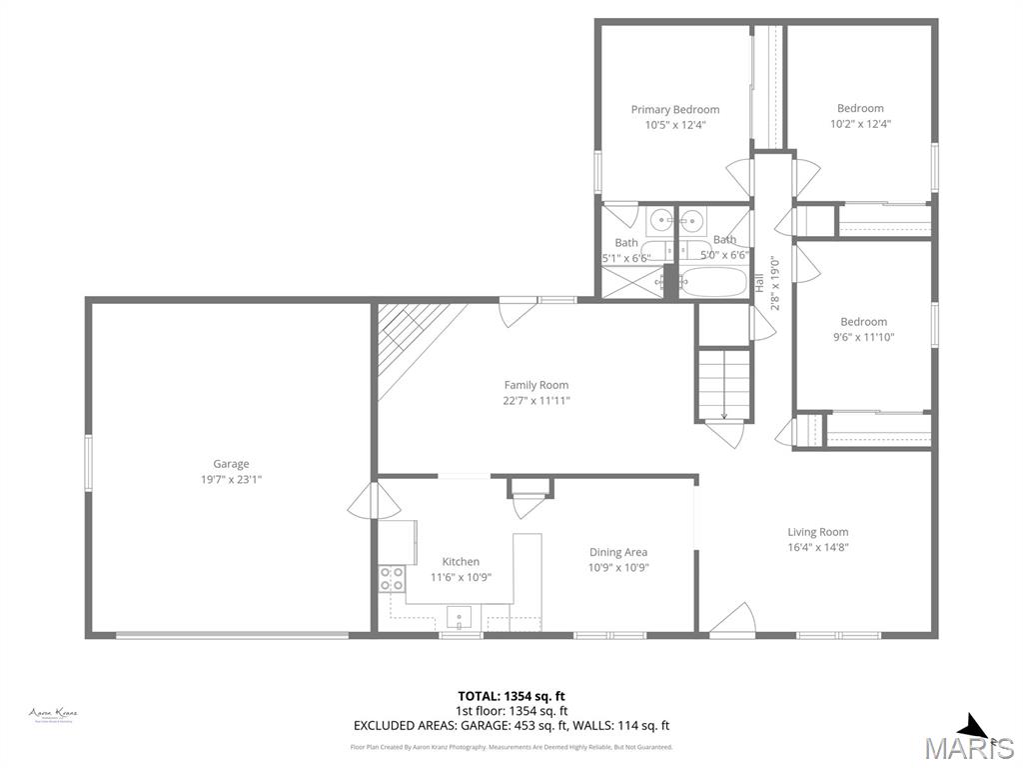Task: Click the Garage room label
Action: [231, 464]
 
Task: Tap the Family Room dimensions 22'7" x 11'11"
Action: [537, 401]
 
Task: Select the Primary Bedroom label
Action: [674, 110]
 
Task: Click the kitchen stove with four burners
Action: [392, 579]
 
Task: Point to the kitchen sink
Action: [459, 616]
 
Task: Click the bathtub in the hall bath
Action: [713, 282]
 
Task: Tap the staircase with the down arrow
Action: [723, 384]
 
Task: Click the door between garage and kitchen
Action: [364, 500]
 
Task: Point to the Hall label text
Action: [759, 283]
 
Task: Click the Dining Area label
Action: [618, 552]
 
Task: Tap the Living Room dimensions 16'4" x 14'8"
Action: [818, 547]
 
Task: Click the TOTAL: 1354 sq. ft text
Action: [511, 696]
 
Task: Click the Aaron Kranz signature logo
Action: [53, 714]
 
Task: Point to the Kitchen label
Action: [461, 562]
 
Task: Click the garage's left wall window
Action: [88, 463]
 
